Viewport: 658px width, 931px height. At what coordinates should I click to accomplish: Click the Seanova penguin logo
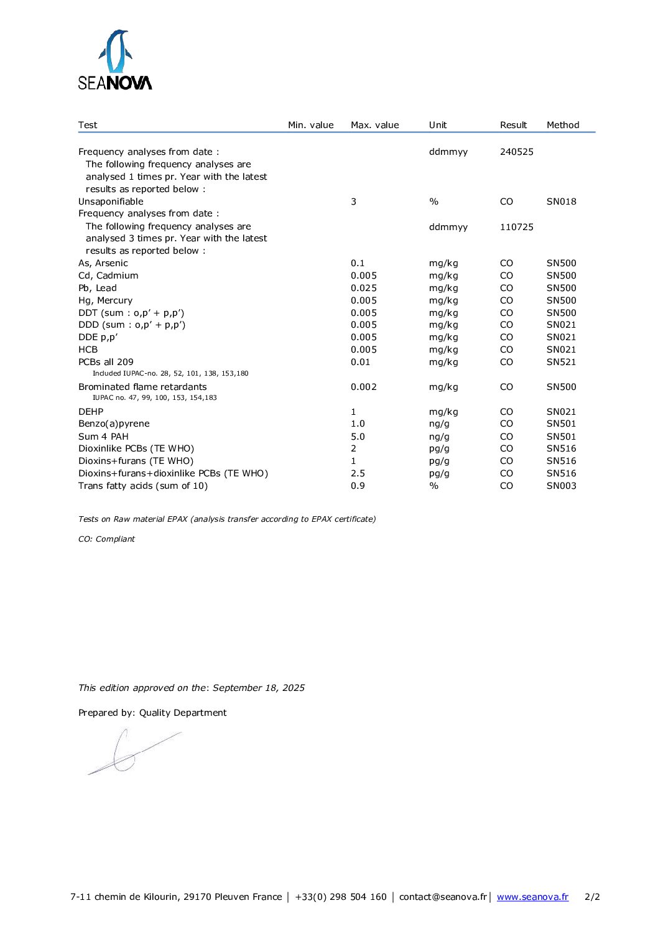click(x=115, y=60)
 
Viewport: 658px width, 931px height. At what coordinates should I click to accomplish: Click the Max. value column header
click(x=374, y=125)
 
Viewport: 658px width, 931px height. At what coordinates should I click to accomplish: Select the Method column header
click(x=562, y=125)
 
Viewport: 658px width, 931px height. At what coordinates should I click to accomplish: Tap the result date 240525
click(x=516, y=152)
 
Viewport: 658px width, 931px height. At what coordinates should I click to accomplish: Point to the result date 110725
click(x=516, y=227)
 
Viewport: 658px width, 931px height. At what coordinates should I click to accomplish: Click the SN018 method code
click(x=561, y=201)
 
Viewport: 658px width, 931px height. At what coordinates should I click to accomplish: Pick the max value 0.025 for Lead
click(x=363, y=288)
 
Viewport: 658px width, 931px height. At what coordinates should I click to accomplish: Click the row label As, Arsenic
click(x=103, y=263)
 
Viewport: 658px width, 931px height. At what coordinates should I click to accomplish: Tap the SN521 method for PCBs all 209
click(x=561, y=362)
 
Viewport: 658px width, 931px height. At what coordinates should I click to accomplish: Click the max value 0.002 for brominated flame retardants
click(x=363, y=387)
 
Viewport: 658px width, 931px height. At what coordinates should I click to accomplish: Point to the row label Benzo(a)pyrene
click(x=114, y=424)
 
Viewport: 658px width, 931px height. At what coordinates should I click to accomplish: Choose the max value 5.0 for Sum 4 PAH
click(x=358, y=437)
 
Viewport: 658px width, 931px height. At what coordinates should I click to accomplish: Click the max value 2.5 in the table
click(x=358, y=473)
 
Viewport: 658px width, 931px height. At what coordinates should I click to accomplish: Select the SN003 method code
click(x=561, y=486)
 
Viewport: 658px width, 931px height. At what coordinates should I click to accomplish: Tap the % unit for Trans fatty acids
click(x=433, y=486)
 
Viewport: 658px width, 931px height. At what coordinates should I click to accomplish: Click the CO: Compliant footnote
click(x=106, y=539)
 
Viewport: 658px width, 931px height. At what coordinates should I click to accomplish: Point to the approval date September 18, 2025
click(x=258, y=688)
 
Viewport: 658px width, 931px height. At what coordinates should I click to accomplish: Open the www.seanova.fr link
click(x=532, y=897)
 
